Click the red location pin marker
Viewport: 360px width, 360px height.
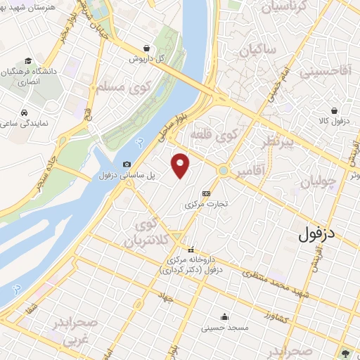pos(181,166)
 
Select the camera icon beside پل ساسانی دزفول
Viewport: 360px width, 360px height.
pos(127,164)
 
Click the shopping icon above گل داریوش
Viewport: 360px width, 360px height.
pos(146,48)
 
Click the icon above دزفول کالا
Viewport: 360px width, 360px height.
pos(335,110)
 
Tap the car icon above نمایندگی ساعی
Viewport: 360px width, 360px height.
pos(25,112)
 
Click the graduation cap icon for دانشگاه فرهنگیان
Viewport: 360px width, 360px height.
pos(27,62)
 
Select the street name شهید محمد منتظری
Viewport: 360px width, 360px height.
pos(278,275)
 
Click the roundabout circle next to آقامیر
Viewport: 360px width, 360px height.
pos(224,170)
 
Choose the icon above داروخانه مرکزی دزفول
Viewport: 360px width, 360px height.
pos(191,250)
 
